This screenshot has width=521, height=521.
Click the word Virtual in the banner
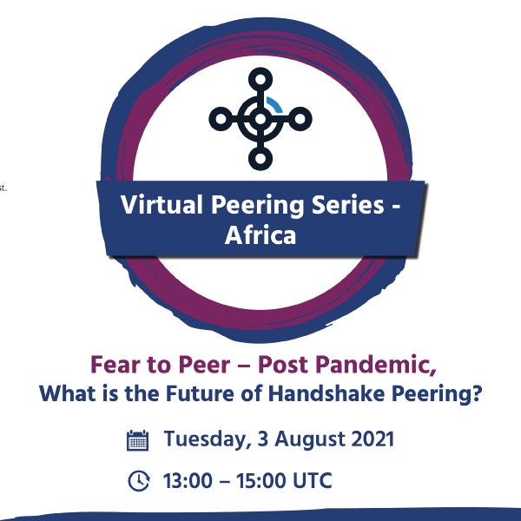(x=162, y=204)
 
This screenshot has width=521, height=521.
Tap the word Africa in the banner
(x=260, y=235)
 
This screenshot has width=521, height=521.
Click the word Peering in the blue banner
(x=257, y=206)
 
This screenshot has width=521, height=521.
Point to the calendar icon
(x=137, y=440)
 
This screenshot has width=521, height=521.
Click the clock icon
(x=139, y=480)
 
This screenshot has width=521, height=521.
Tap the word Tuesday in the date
(x=208, y=439)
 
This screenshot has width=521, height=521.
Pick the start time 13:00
(x=188, y=480)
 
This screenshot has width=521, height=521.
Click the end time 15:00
(x=261, y=480)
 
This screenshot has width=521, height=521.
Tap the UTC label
(x=312, y=480)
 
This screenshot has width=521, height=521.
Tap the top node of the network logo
(x=260, y=80)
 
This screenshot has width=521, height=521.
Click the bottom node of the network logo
(x=260, y=158)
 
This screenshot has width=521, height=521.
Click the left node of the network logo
(x=221, y=119)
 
